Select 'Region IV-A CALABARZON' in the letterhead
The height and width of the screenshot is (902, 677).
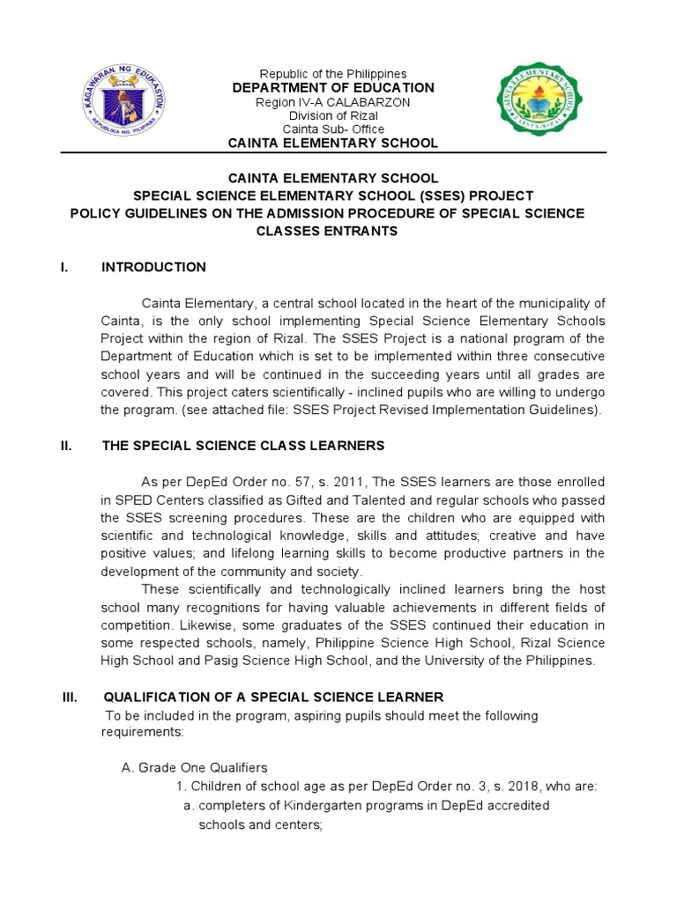(332, 102)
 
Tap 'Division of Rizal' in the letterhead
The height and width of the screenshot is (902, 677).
(332, 115)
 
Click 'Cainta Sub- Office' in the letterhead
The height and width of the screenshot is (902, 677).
(332, 129)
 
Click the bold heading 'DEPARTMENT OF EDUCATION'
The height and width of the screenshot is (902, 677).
(332, 87)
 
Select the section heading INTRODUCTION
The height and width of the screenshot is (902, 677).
(154, 267)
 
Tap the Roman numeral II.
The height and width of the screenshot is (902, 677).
(65, 447)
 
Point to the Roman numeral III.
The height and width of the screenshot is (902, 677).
(70, 697)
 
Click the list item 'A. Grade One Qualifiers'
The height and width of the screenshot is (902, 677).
(194, 767)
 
